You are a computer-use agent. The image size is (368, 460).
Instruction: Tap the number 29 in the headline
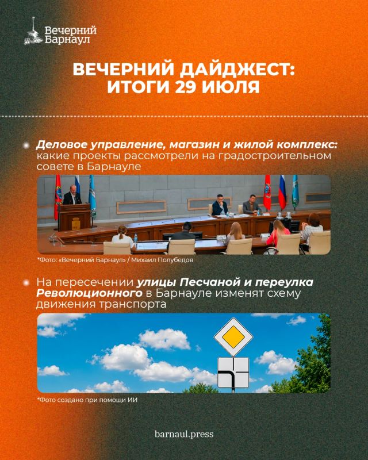(186, 87)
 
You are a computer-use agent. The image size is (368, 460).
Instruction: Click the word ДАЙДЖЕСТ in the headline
(237, 70)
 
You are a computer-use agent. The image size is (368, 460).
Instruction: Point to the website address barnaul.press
(184, 434)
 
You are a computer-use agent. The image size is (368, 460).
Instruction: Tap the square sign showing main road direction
(233, 372)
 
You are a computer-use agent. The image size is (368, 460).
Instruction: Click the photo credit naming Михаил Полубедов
(116, 260)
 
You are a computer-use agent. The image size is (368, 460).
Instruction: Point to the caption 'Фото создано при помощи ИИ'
(87, 400)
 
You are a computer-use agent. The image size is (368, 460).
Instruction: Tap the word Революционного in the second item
(89, 293)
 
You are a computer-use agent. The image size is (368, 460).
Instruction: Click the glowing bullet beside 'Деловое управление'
(26, 145)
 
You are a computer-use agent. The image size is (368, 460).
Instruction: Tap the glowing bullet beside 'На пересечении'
(26, 283)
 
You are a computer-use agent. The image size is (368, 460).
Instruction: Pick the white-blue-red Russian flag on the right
(282, 192)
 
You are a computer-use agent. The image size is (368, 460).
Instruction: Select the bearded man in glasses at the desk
(220, 205)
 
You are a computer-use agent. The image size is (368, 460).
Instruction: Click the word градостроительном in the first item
(275, 156)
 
